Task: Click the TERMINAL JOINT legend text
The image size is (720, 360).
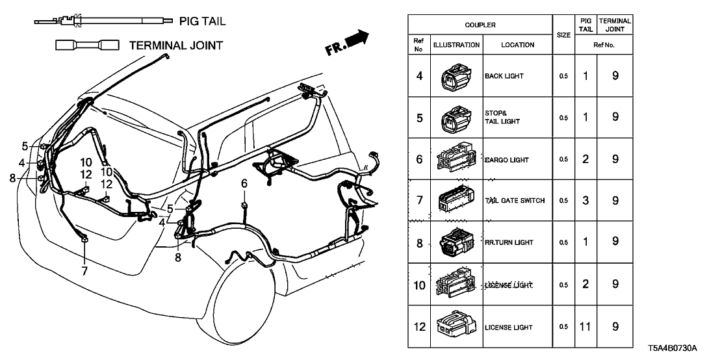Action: tap(176, 45)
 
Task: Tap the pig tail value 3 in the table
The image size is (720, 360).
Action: tap(585, 201)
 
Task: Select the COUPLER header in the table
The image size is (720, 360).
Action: tap(480, 25)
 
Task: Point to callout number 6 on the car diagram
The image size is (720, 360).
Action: tap(244, 184)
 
